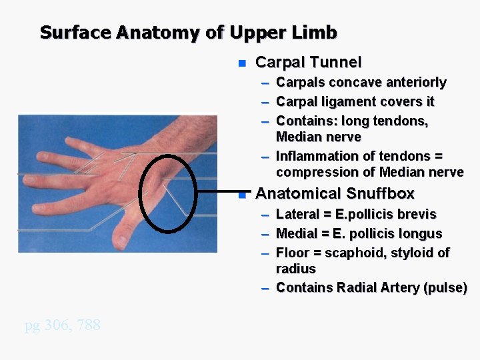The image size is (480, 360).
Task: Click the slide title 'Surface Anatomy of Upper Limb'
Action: [188, 32]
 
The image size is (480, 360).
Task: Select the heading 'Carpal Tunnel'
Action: [308, 63]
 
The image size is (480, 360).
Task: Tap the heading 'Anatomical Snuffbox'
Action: [335, 194]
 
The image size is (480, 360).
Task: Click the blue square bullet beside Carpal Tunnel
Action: [242, 64]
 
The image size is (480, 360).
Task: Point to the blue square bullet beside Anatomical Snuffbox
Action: [242, 195]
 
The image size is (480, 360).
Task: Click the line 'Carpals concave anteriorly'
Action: [361, 83]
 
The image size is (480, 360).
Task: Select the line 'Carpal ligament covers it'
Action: [355, 101]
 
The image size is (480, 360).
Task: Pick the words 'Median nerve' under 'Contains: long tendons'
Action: [318, 137]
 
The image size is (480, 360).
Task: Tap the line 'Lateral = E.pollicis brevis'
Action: [356, 215]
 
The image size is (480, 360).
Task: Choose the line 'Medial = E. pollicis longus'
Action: [359, 233]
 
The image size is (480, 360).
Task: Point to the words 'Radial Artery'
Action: [377, 287]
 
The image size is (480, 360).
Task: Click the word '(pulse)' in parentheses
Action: [443, 287]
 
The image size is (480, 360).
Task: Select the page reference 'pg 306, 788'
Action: [63, 325]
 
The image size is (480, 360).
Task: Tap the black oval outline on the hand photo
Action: [143, 193]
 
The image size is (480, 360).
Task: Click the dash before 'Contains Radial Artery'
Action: [265, 288]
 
